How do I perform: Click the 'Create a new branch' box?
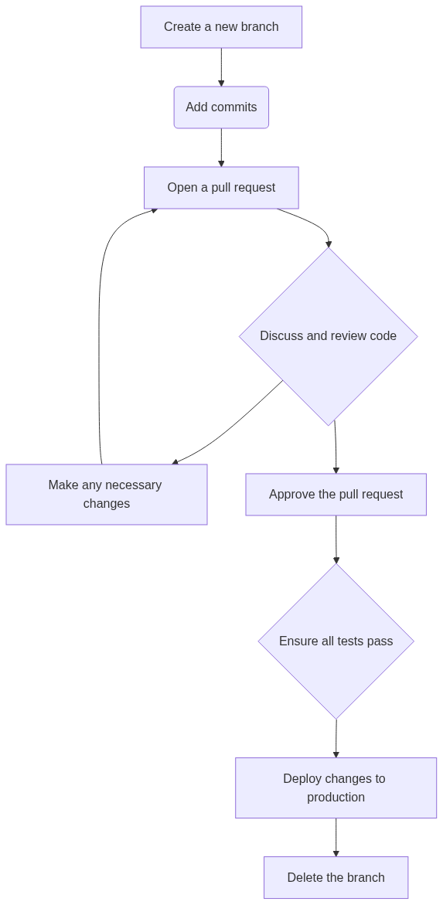221,27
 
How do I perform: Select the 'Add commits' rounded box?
221,107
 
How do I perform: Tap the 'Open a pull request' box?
221,188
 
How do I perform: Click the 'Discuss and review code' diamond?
328,336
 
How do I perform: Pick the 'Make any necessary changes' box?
106,495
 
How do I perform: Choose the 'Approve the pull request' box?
336,495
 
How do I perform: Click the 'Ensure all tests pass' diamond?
336,641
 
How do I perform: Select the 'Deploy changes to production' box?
336,788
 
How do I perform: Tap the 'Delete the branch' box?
336,877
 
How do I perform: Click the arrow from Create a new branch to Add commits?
221,67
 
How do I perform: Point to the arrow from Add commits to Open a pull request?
221,148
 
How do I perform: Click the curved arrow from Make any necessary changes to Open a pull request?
99,323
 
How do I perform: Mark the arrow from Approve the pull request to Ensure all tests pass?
336,539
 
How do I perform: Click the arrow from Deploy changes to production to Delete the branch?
336,838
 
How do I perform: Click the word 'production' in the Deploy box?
336,797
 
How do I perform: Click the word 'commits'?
236,107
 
